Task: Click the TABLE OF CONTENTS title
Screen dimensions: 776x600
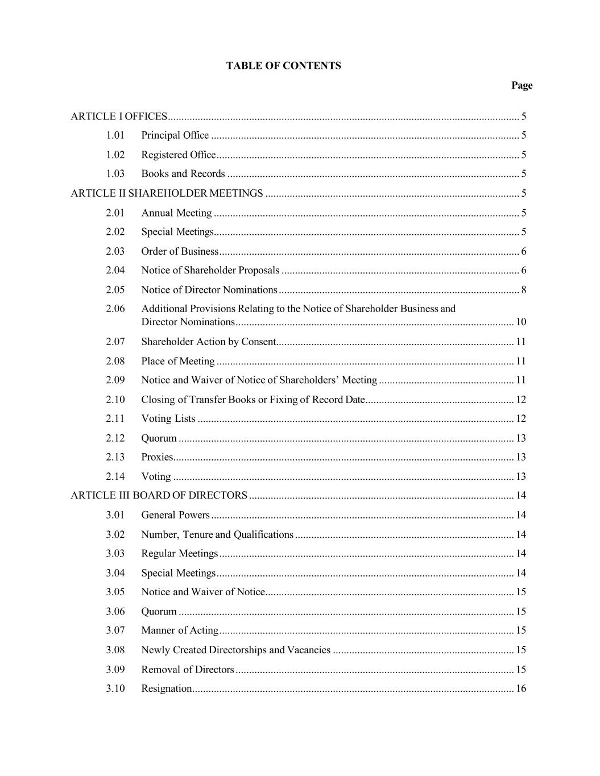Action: [283, 66]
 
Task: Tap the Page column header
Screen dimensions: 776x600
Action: [522, 85]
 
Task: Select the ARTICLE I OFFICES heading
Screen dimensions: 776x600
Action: [119, 117]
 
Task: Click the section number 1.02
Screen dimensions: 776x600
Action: [115, 155]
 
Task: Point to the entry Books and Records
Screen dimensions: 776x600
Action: [183, 174]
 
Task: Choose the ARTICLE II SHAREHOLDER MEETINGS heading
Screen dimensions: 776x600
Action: [167, 193]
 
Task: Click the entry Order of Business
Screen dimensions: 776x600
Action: [180, 251]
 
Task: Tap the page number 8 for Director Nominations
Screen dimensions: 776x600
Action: [523, 290]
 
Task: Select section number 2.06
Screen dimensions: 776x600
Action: [115, 309]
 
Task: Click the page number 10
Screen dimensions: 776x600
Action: [520, 322]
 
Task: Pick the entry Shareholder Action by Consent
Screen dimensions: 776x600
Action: [208, 342]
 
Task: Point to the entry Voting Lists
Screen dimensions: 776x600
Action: [168, 418]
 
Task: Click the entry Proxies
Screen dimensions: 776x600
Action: [156, 457]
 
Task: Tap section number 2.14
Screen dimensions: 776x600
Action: [115, 476]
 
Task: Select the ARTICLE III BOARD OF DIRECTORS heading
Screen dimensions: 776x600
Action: [159, 495]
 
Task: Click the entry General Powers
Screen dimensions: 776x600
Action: [175, 515]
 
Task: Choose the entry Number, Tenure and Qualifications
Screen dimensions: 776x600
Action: [217, 534]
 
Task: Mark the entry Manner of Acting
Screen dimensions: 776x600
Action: [179, 630]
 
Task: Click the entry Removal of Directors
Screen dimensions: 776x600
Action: [187, 669]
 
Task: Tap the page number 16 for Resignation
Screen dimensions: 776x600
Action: [520, 688]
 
